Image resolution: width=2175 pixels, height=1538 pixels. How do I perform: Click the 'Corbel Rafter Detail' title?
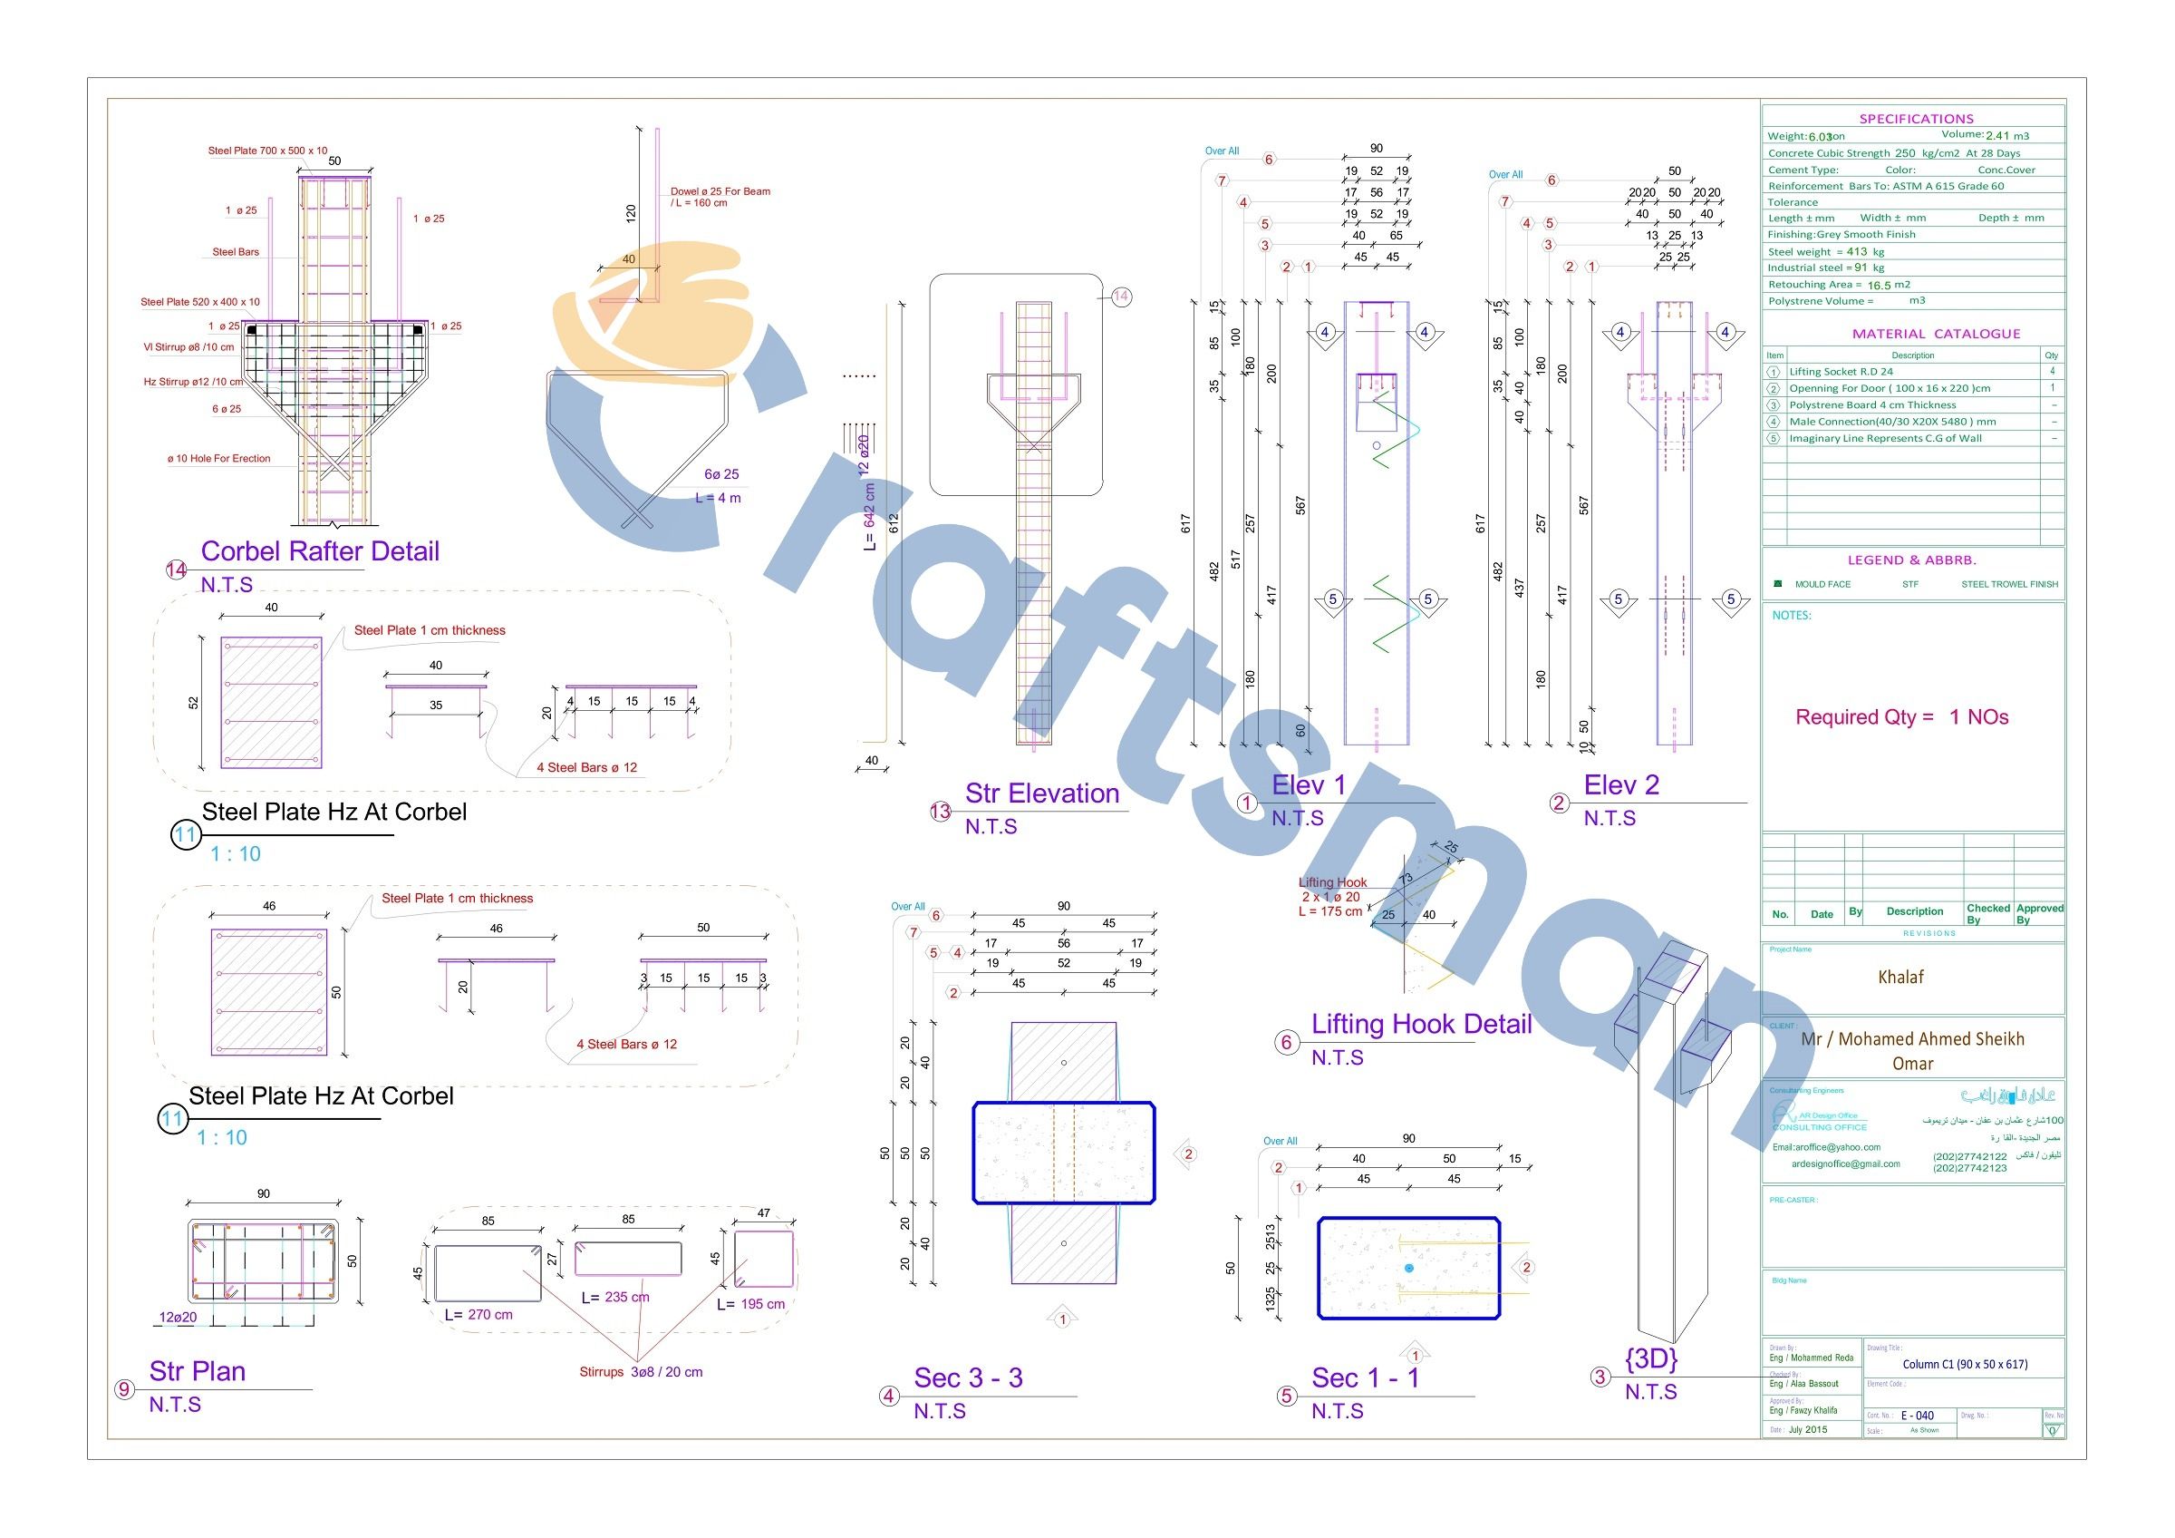[319, 551]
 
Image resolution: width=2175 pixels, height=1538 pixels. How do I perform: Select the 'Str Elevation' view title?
[1042, 793]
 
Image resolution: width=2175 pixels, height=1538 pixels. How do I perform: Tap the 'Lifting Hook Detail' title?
[1421, 1025]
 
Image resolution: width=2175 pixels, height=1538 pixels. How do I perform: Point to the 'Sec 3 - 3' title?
[968, 1377]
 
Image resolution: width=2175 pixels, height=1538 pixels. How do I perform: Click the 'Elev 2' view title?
[1622, 784]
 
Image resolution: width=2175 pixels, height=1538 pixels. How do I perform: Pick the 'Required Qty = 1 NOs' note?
[1901, 717]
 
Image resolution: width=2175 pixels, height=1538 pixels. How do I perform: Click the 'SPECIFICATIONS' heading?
[1917, 120]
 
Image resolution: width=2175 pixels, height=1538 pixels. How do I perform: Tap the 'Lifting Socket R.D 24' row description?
[1841, 372]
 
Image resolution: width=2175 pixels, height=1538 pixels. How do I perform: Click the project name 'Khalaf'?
[1900, 977]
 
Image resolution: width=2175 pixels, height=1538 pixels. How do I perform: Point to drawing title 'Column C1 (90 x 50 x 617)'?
[1965, 1365]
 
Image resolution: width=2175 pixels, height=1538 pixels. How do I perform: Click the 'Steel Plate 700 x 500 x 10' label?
[267, 151]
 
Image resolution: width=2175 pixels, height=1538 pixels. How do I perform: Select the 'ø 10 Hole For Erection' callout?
[218, 459]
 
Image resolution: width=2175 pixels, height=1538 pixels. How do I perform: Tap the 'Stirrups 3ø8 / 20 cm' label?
[642, 1372]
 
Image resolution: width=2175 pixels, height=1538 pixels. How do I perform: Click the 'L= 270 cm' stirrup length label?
[478, 1315]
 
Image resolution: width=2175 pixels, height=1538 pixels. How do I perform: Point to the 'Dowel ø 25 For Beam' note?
[720, 191]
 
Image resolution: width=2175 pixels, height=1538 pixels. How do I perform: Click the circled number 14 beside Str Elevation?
[1121, 297]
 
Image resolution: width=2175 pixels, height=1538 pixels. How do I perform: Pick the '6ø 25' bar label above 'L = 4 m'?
[720, 473]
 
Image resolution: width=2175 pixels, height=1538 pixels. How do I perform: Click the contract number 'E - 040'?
[1918, 1416]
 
